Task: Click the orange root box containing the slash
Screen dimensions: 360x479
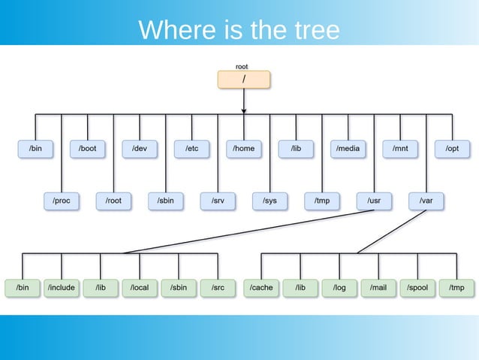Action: [243, 80]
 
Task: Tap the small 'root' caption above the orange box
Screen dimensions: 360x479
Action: [242, 67]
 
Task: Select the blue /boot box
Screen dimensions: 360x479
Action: [88, 149]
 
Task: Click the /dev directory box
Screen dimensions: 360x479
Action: [140, 149]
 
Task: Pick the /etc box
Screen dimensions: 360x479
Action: [191, 149]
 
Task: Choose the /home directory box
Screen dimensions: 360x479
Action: [243, 149]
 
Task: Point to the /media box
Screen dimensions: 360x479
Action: [348, 149]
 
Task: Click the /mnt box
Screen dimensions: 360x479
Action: [400, 149]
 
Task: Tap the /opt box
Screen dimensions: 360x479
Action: [452, 149]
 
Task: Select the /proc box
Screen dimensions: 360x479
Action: [62, 201]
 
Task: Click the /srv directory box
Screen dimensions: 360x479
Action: [218, 201]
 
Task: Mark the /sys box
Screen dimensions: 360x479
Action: [270, 201]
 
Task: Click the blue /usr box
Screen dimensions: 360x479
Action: [373, 201]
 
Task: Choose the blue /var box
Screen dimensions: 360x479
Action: [426, 201]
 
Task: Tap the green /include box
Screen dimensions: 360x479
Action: [61, 287]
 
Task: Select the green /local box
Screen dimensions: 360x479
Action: [140, 287]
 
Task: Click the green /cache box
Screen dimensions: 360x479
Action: [261, 287]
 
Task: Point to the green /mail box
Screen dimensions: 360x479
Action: [378, 287]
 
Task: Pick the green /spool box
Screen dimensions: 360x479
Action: [417, 287]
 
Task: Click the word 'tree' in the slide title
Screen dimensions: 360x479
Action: [312, 30]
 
